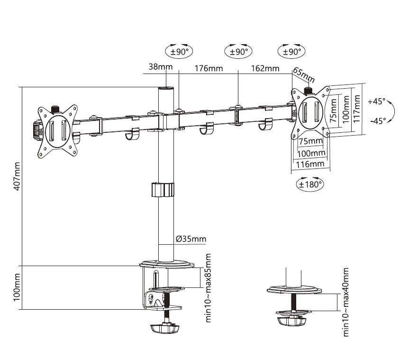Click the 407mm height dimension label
tap(17, 176)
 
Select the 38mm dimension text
tap(160, 67)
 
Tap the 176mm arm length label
tap(209, 68)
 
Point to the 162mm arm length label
tap(265, 68)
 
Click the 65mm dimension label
tap(304, 75)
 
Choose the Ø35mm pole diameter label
tap(191, 239)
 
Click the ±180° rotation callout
tap(310, 185)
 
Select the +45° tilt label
tap(377, 102)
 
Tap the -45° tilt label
tap(378, 121)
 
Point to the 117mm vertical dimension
tap(356, 109)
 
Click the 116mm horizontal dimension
tap(310, 164)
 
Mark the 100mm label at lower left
tap(17, 287)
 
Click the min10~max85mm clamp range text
tap(208, 288)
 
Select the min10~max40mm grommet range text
tap(346, 302)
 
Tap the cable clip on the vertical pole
tap(163, 190)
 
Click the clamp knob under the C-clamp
tap(165, 328)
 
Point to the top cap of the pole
tap(166, 89)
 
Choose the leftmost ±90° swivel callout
tap(179, 51)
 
